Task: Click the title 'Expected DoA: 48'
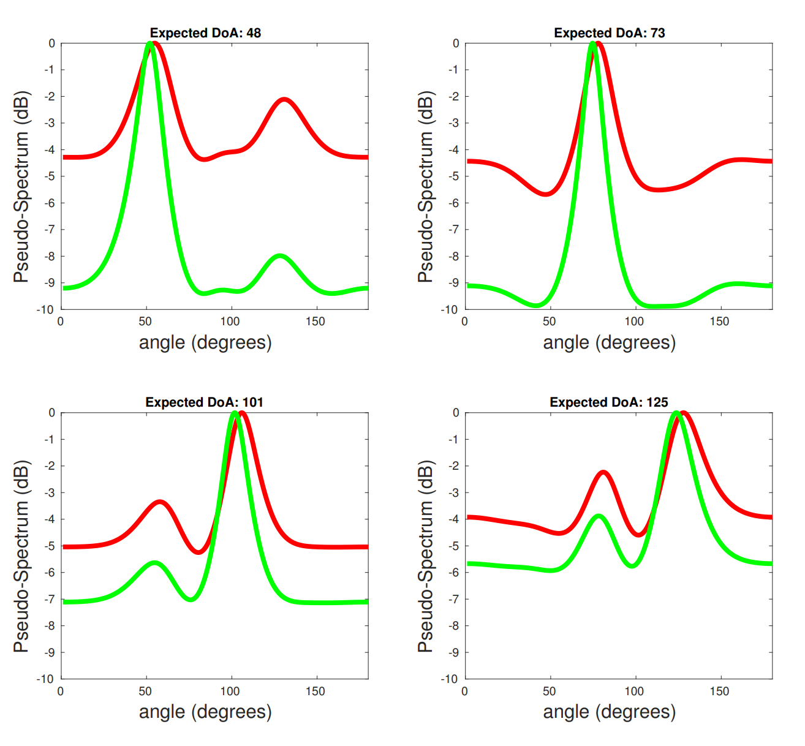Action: click(x=205, y=33)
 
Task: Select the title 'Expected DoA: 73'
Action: click(x=609, y=33)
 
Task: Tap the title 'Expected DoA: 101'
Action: click(x=204, y=402)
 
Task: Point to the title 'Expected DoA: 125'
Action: click(x=608, y=402)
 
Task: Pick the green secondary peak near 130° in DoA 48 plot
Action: click(x=280, y=255)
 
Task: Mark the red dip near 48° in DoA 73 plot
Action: click(x=546, y=194)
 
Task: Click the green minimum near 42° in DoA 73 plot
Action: click(x=536, y=304)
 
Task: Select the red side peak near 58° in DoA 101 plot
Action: click(x=160, y=502)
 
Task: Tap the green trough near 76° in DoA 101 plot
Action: click(x=191, y=598)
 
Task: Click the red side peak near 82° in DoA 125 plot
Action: click(x=603, y=472)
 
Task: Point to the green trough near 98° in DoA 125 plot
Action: click(x=632, y=565)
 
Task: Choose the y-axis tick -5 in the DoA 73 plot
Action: click(x=454, y=176)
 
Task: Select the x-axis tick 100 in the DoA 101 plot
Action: click(x=230, y=691)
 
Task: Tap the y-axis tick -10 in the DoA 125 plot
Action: click(x=450, y=679)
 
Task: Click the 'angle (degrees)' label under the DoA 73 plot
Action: click(x=609, y=342)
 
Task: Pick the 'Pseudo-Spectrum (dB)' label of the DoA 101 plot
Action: click(x=22, y=556)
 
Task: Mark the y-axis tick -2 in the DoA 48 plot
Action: click(x=50, y=97)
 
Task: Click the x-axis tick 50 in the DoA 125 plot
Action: click(x=550, y=691)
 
